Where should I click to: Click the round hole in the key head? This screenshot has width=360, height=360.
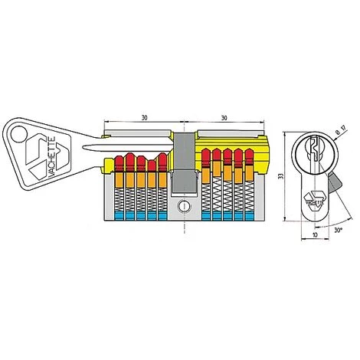(19, 134)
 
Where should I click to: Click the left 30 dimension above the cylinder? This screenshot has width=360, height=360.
(145, 118)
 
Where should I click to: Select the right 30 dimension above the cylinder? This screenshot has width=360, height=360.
(224, 118)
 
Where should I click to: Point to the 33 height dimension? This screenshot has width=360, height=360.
(281, 176)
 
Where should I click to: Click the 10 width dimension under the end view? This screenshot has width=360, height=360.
(315, 234)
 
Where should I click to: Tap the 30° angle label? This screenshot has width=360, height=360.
(338, 230)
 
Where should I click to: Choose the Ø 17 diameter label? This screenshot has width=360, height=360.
(342, 131)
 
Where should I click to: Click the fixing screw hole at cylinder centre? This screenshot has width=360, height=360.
(184, 206)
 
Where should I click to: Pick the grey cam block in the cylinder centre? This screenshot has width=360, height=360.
(184, 162)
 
